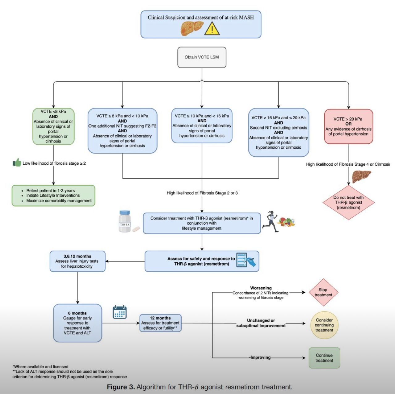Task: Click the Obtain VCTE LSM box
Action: pos(202,57)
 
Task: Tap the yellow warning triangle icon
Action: pos(212,29)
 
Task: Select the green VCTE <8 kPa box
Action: pos(53,126)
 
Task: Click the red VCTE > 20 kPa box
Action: pos(348,126)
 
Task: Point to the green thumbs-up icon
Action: pos(17,163)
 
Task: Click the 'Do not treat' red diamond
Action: pos(348,203)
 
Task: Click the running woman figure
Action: pos(270,221)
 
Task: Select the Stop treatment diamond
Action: pos(323,292)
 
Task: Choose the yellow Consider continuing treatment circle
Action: pos(324,325)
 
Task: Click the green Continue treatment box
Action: pos(324,358)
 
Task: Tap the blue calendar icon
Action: pos(120,312)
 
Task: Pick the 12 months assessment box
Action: pos(160,323)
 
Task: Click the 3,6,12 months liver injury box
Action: pos(77,261)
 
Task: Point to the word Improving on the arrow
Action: pos(260,358)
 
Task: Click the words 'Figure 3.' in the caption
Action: pos(121,387)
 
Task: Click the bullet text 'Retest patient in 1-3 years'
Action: pos(50,191)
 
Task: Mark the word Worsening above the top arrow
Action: pos(261,288)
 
